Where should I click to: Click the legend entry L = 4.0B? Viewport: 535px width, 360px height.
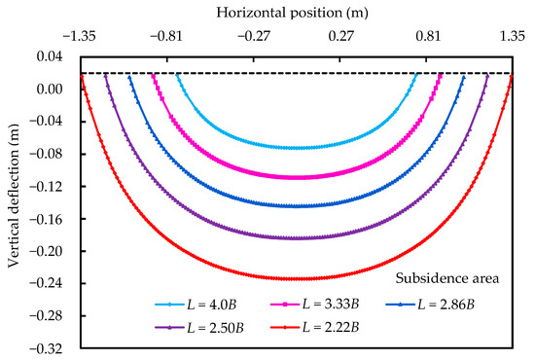[x=196, y=305]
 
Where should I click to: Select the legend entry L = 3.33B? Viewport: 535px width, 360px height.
[x=314, y=304]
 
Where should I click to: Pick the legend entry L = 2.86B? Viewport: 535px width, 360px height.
[x=430, y=305]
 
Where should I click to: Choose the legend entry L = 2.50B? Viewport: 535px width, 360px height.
[x=199, y=328]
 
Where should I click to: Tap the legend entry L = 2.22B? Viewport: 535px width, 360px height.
[x=314, y=327]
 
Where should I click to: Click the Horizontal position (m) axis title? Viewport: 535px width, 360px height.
[x=292, y=13]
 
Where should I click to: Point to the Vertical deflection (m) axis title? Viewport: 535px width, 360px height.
[x=14, y=196]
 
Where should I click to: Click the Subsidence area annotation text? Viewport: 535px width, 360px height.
[x=447, y=278]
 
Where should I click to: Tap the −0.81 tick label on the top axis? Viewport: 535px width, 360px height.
[x=166, y=36]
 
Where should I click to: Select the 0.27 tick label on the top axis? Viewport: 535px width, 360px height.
[x=340, y=36]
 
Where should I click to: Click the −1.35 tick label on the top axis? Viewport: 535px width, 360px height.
[x=80, y=36]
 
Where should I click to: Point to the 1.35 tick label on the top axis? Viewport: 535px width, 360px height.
[x=513, y=36]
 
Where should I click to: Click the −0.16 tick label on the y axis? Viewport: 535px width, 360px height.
[x=46, y=219]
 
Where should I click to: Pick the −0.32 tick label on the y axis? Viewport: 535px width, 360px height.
[x=46, y=348]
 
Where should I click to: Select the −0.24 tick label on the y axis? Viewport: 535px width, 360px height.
[x=46, y=283]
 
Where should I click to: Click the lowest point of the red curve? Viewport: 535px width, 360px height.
[x=296, y=279]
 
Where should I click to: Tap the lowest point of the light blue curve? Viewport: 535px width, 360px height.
[x=296, y=148]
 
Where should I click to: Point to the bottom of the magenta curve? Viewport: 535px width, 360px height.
[x=296, y=177]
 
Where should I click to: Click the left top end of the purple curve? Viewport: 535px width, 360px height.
[x=105, y=76]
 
